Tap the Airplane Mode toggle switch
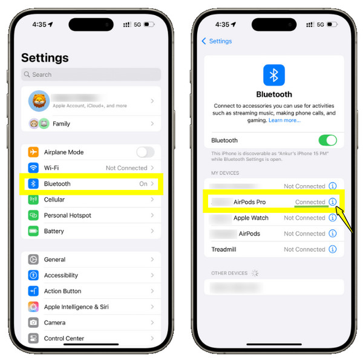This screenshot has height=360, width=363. (x=145, y=152)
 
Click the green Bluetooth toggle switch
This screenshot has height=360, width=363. (x=327, y=140)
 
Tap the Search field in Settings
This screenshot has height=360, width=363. (x=91, y=74)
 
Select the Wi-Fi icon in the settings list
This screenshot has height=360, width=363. (x=33, y=168)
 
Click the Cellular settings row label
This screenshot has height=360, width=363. (x=54, y=200)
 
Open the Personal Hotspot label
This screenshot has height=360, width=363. (x=68, y=215)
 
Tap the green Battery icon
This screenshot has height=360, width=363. (x=33, y=231)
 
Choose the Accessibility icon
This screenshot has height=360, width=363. (x=33, y=275)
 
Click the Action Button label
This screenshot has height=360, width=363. (x=62, y=291)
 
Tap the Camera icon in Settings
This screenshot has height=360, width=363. (x=33, y=322)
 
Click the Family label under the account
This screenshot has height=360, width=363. (x=62, y=123)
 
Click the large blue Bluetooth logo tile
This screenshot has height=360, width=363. (x=273, y=75)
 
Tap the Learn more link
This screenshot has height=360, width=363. (x=284, y=120)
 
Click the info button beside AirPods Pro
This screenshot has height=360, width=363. (x=332, y=202)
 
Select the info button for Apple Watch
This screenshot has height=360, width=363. (x=332, y=218)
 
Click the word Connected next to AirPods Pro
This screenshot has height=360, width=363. (x=310, y=202)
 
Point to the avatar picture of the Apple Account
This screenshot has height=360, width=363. (x=38, y=101)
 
